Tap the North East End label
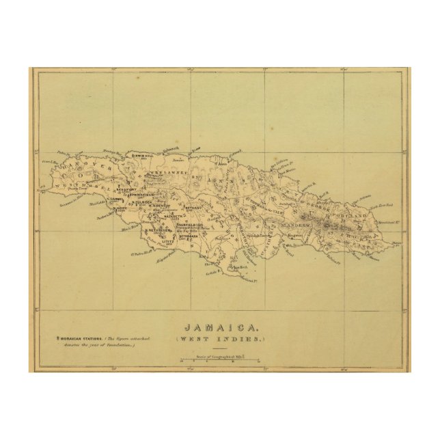point(387,204)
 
